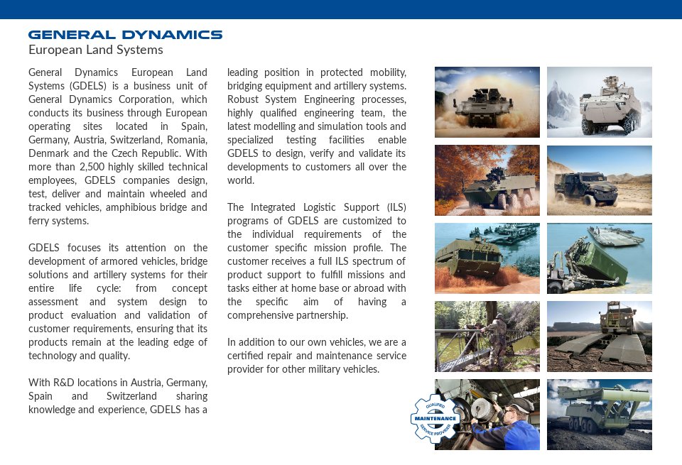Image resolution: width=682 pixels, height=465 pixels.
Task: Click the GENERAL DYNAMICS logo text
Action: pos(125,34)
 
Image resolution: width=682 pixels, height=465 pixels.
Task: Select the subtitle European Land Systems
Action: pos(96,50)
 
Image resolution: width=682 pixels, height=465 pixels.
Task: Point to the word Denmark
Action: pos(50,153)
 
